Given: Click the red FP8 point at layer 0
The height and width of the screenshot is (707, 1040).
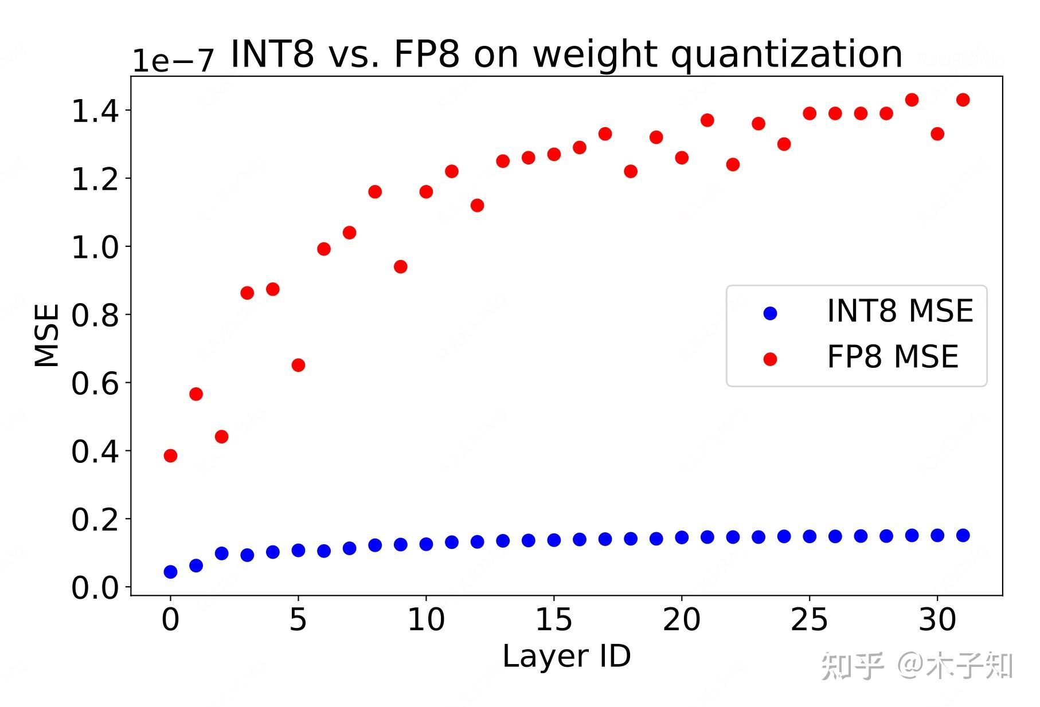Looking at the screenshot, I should pyautogui.click(x=170, y=455).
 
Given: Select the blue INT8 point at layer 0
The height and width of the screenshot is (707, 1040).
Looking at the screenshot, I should pyautogui.click(x=170, y=572).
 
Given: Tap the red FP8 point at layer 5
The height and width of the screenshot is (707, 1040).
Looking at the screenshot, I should pyautogui.click(x=298, y=365).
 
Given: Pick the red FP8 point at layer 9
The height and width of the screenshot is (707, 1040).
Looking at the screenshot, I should pyautogui.click(x=401, y=266).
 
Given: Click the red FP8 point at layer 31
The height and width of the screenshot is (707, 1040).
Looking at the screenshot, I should pyautogui.click(x=963, y=100).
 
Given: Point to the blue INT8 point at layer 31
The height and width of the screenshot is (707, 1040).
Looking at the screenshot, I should pyautogui.click(x=963, y=535).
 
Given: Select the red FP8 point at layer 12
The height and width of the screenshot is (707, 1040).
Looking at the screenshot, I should pyautogui.click(x=477, y=205).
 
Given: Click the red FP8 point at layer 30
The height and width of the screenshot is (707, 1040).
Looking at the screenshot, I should pyautogui.click(x=937, y=133).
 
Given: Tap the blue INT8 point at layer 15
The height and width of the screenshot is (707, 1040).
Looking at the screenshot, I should pyautogui.click(x=554, y=540).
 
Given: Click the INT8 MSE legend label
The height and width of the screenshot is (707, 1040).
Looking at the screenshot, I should pyautogui.click(x=900, y=311).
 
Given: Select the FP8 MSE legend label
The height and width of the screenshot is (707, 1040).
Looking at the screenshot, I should pyautogui.click(x=892, y=357).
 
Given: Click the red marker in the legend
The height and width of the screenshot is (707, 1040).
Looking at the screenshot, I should pyautogui.click(x=770, y=359).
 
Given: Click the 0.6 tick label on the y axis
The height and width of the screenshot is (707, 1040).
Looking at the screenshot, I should pyautogui.click(x=95, y=383).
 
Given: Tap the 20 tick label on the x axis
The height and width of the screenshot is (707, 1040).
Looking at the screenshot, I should pyautogui.click(x=681, y=620).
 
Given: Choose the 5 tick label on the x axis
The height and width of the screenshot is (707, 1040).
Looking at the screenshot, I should pyautogui.click(x=298, y=620).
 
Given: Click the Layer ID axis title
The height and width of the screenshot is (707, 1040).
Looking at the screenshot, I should pyautogui.click(x=566, y=656).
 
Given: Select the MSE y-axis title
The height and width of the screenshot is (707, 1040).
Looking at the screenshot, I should pyautogui.click(x=47, y=335).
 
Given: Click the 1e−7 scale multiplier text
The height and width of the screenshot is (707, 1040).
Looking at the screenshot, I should pyautogui.click(x=173, y=60).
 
